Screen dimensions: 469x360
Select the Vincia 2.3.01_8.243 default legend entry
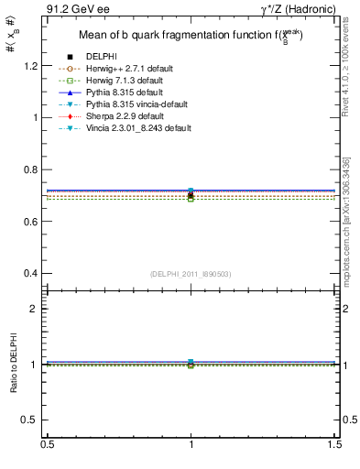134,128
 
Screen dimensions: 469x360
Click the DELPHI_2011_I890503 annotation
191,274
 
